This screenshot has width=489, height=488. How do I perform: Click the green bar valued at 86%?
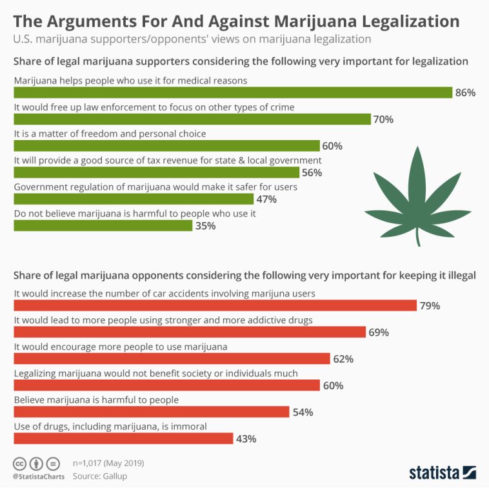tap(232, 92)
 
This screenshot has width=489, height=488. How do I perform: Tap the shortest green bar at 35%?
tap(103, 225)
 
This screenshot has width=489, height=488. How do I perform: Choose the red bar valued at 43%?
tap(123, 438)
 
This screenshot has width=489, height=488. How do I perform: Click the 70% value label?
tap(383, 119)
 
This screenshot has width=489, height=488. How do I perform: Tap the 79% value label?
tap(430, 305)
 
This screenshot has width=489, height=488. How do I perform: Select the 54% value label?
tap(302, 412)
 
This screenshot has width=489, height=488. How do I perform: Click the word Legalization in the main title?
tap(404, 21)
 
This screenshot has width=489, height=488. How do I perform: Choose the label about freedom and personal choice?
tap(110, 134)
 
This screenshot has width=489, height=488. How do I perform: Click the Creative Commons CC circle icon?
tap(20, 463)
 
